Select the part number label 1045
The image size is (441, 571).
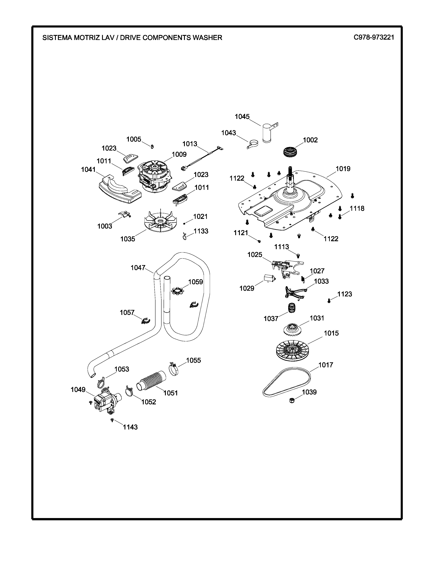click(242, 117)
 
